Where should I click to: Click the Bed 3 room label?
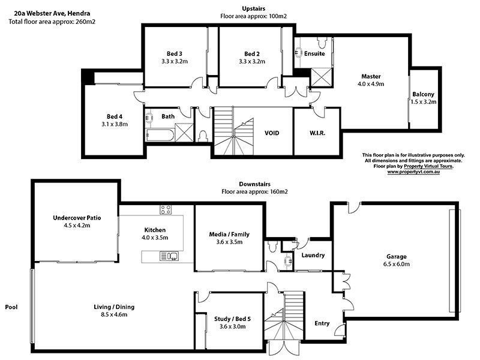(x=175, y=53)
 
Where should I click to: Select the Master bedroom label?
(x=371, y=76)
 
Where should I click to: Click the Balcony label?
(x=422, y=94)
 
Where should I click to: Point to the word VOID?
(x=272, y=133)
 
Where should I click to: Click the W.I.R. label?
(x=317, y=133)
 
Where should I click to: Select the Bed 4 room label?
(x=115, y=116)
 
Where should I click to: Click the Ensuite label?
(x=314, y=53)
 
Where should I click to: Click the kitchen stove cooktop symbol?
(x=166, y=209)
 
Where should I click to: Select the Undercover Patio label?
(x=76, y=218)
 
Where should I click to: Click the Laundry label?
(x=313, y=255)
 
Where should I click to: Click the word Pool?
(x=11, y=307)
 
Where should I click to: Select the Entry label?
(x=322, y=323)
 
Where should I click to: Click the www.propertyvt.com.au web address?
(x=414, y=172)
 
